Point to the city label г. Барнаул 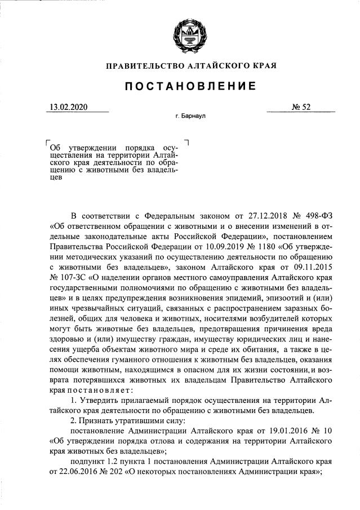click(191, 117)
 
